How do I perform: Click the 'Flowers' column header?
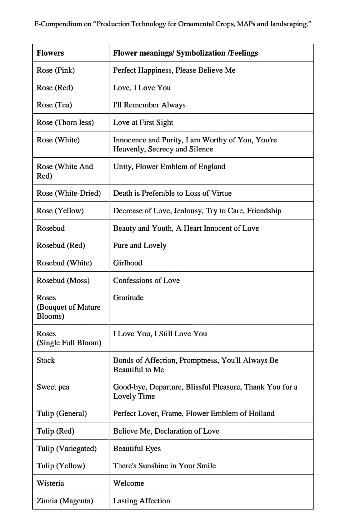(50, 53)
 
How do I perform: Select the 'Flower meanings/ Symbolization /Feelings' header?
(185, 53)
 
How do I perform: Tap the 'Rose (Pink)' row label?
(56, 70)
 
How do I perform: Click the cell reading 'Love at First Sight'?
(143, 122)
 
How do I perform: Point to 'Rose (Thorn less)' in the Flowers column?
(65, 122)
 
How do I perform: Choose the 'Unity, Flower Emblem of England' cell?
(169, 166)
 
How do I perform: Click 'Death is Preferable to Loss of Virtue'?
(172, 193)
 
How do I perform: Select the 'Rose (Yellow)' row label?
(60, 211)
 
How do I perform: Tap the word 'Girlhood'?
(127, 263)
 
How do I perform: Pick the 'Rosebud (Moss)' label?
(63, 280)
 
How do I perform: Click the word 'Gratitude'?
(128, 298)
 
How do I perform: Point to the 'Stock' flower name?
(46, 360)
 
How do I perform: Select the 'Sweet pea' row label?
(53, 387)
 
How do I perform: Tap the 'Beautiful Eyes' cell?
(137, 449)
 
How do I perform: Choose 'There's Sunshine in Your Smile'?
(164, 466)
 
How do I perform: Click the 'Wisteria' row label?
(50, 483)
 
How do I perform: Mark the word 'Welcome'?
(128, 483)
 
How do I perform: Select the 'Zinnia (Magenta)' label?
(65, 501)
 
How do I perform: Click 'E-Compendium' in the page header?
(58, 24)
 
